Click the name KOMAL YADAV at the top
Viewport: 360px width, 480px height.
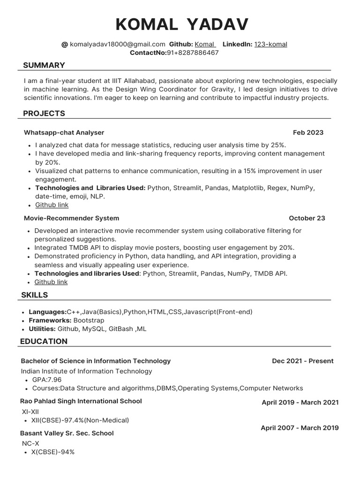tap(182, 24)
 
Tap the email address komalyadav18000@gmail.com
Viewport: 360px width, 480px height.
tap(117, 44)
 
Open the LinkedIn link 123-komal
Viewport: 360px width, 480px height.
tap(270, 44)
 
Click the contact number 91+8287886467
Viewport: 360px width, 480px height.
tap(193, 52)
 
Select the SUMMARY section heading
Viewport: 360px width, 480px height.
tap(44, 65)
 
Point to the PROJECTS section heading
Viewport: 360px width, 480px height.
tap(44, 113)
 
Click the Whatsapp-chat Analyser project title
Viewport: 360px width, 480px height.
tap(64, 133)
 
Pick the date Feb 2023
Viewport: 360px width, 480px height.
tap(308, 133)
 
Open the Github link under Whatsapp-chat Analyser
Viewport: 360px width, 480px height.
tap(52, 205)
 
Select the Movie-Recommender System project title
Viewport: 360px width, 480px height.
tap(71, 218)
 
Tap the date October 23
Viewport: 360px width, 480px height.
tap(307, 218)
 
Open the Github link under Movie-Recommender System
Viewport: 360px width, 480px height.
tap(51, 282)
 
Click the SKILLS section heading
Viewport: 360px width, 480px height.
tap(35, 295)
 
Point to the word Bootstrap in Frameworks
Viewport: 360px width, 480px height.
tap(89, 320)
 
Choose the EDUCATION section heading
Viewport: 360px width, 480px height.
tap(44, 341)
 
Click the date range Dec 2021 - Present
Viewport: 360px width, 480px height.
tap(302, 361)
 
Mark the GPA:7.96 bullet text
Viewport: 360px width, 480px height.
tap(47, 380)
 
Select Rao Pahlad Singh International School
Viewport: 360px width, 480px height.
tap(81, 401)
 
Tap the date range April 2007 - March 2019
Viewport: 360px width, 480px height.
tap(300, 428)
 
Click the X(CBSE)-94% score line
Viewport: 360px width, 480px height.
tap(53, 452)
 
